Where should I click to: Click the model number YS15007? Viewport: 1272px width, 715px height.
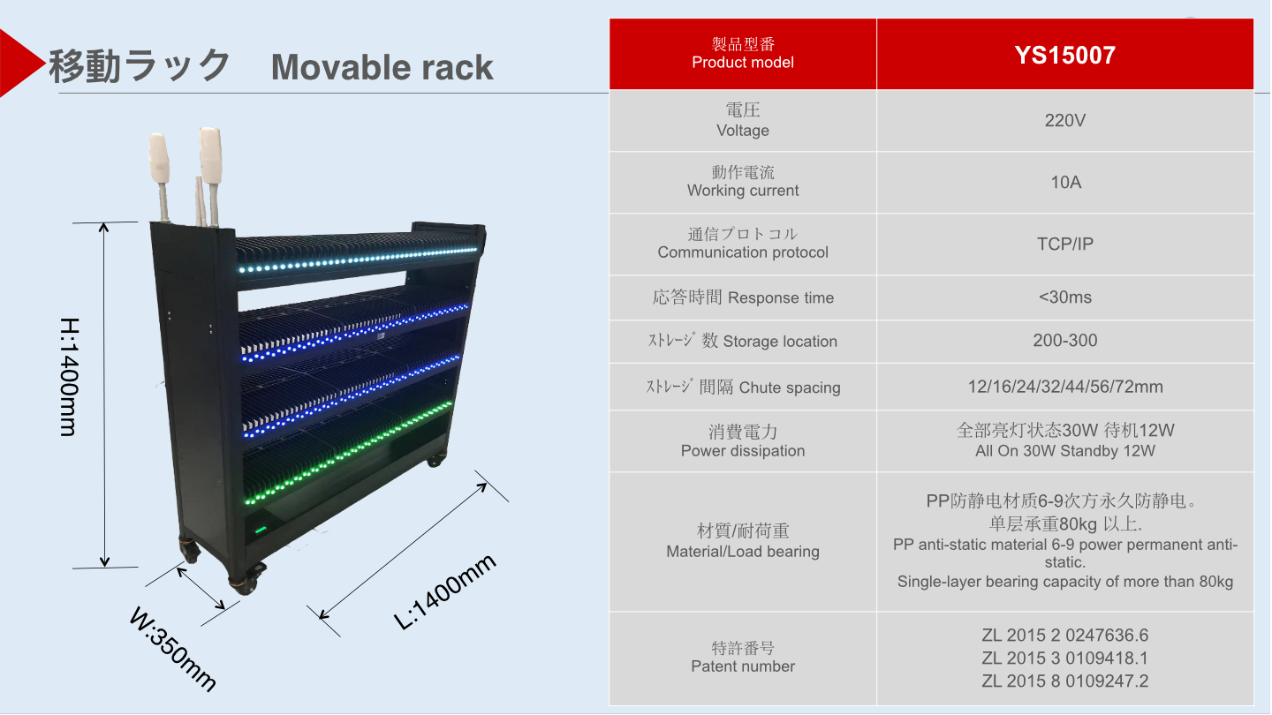[x=1064, y=56]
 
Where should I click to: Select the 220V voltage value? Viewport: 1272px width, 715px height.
[x=1064, y=120]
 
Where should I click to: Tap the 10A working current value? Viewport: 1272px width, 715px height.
[x=1064, y=183]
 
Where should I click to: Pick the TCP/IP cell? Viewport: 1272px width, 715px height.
[x=1064, y=245]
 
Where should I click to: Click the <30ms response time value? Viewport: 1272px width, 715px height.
[x=1064, y=297]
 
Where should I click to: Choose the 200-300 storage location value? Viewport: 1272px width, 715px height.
[x=1064, y=341]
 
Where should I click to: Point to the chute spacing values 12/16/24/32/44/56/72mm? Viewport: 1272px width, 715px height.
[x=1064, y=387]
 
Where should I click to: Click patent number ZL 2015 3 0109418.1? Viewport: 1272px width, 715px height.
[x=1064, y=659]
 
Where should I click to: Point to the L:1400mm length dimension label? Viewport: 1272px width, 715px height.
[x=445, y=592]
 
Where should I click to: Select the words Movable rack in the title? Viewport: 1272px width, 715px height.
[x=382, y=68]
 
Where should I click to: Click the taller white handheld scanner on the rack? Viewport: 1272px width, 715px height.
[x=210, y=154]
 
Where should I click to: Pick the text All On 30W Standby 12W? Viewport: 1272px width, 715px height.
[x=1064, y=451]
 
